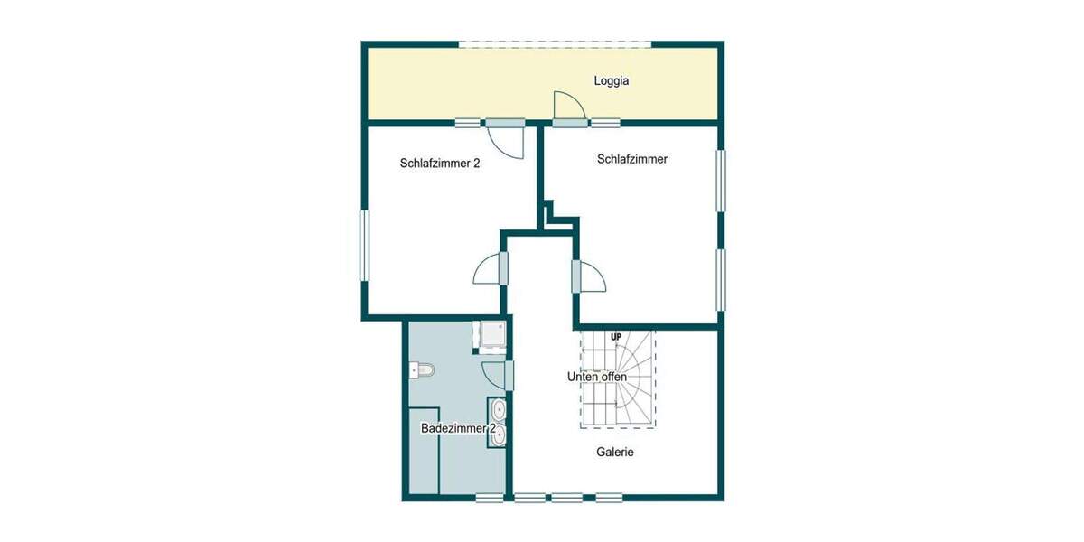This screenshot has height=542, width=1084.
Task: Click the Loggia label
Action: pyautogui.click(x=611, y=81)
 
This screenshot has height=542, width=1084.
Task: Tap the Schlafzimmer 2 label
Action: pyautogui.click(x=439, y=164)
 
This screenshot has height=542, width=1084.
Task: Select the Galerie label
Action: pyautogui.click(x=614, y=452)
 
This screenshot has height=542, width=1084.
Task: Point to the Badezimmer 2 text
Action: pyautogui.click(x=459, y=428)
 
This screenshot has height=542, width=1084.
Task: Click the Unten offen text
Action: pyautogui.click(x=596, y=377)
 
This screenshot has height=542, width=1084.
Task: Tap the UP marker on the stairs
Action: pyautogui.click(x=616, y=338)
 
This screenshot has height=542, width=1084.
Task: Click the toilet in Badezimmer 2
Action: pyautogui.click(x=422, y=369)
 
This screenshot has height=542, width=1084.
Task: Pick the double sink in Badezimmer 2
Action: pyautogui.click(x=499, y=423)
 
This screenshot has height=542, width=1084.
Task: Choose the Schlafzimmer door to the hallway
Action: pyautogui.click(x=589, y=276)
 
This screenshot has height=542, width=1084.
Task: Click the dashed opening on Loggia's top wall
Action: pyautogui.click(x=554, y=43)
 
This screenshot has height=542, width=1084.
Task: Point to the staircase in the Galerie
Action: pyautogui.click(x=618, y=379)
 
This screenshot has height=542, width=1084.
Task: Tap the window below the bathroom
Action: pyautogui.click(x=490, y=497)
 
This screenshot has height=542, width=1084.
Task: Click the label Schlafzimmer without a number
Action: pyautogui.click(x=631, y=159)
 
